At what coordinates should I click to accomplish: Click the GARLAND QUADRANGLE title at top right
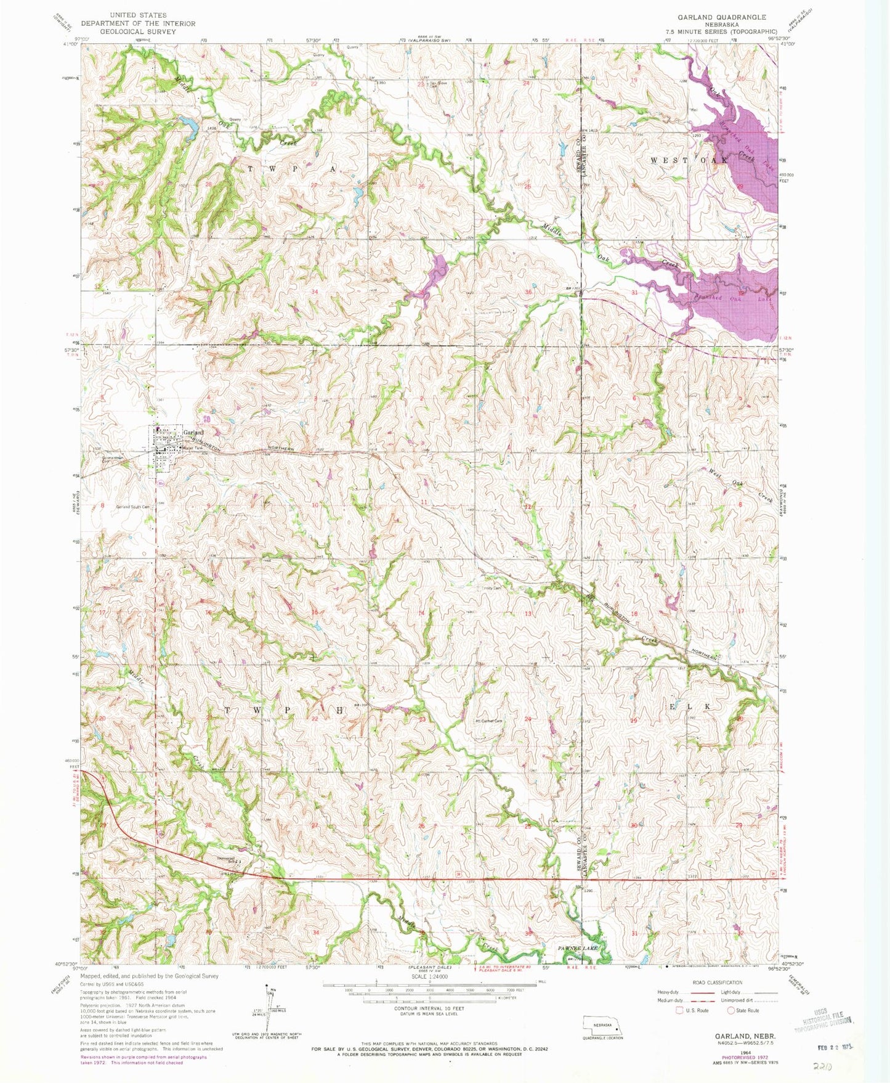click(713, 17)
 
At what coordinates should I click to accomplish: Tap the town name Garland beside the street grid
click(193, 433)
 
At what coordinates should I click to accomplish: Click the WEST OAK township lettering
click(689, 160)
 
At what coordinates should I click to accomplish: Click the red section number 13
click(528, 614)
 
